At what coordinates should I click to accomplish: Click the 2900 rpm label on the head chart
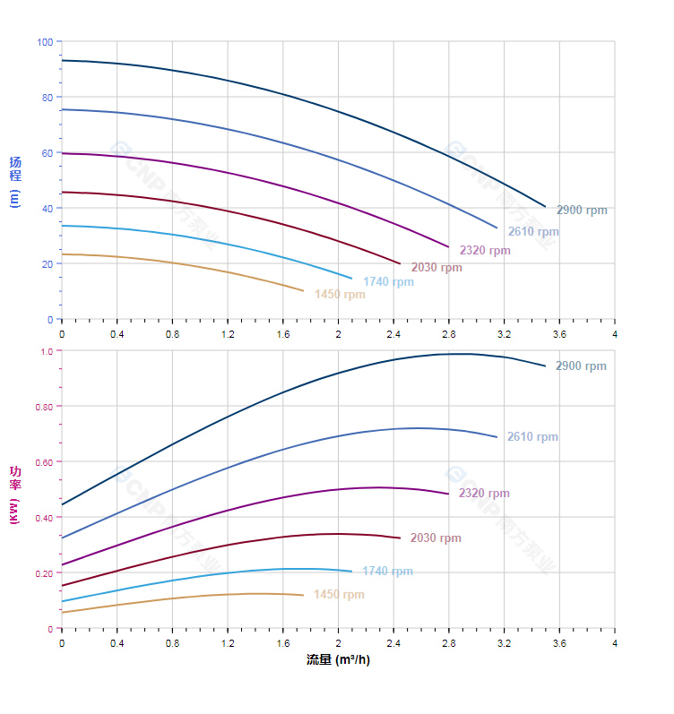(x=581, y=211)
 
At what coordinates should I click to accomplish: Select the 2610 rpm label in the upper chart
(x=532, y=232)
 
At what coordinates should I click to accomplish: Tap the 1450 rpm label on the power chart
(x=339, y=595)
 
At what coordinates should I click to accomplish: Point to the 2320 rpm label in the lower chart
(x=484, y=494)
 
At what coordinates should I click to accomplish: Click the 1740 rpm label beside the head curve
(x=388, y=282)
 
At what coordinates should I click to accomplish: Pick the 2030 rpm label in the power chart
(x=436, y=538)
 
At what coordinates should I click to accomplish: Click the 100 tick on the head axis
(x=45, y=42)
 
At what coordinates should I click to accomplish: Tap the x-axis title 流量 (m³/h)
(x=338, y=660)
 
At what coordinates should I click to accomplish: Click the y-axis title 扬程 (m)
(x=14, y=181)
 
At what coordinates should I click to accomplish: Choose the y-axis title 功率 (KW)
(x=14, y=495)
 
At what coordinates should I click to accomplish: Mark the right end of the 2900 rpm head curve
(x=545, y=206)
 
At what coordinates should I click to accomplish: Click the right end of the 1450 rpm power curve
(x=303, y=595)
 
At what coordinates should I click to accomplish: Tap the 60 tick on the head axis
(x=47, y=153)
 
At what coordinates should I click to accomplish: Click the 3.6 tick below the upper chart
(x=559, y=334)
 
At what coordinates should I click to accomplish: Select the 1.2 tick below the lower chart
(x=228, y=643)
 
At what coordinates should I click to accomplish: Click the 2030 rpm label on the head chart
(x=436, y=268)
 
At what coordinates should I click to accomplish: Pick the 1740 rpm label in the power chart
(x=387, y=572)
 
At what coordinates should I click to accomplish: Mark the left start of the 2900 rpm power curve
(x=62, y=504)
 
